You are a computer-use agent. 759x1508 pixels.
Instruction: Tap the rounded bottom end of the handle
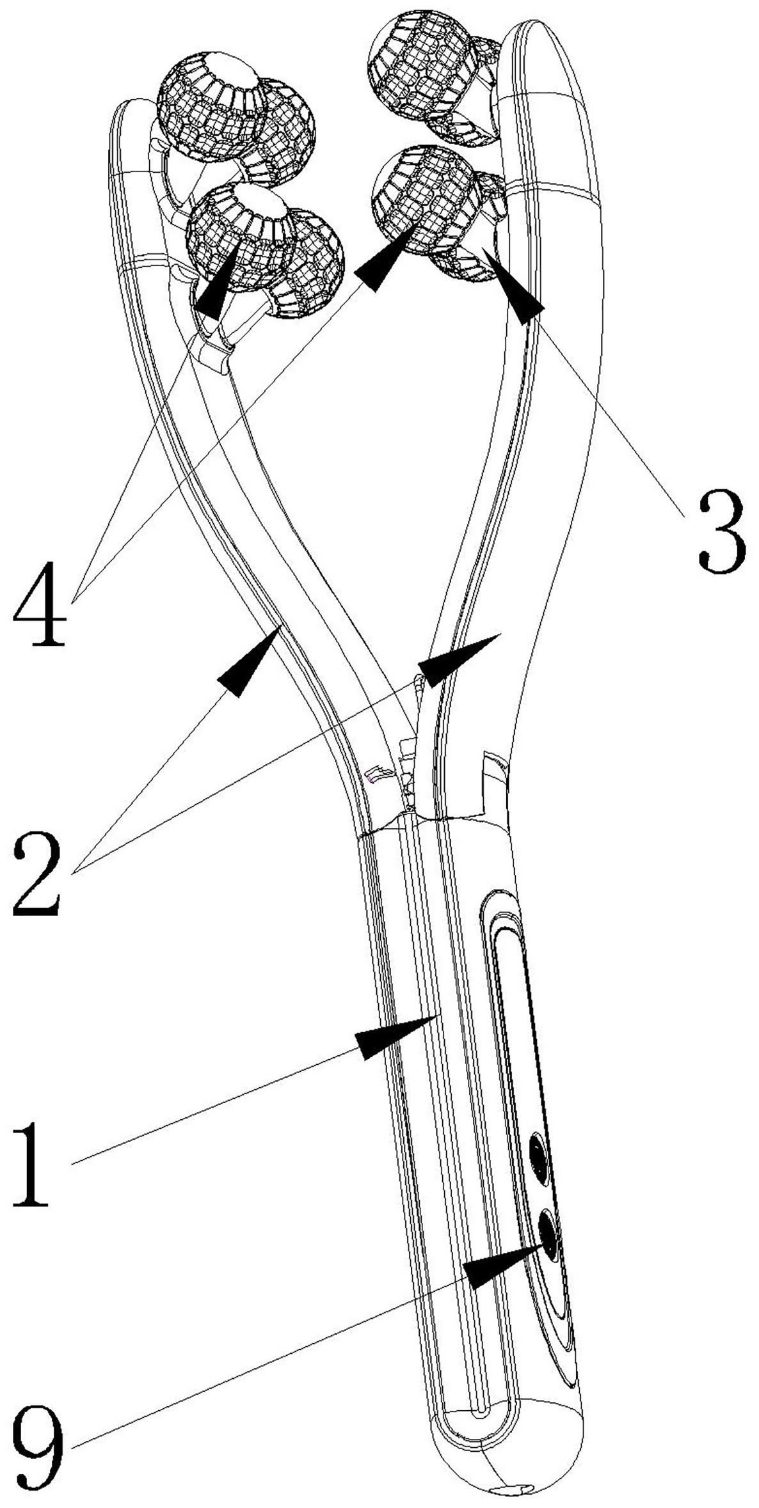506,1471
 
